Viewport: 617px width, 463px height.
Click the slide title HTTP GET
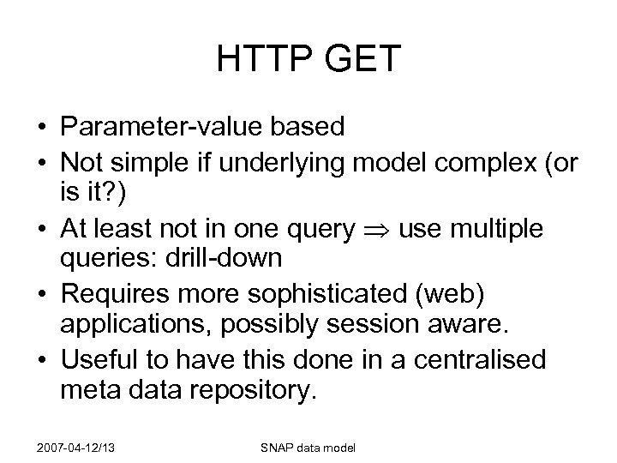click(308, 59)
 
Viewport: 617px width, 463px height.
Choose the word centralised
click(481, 359)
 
